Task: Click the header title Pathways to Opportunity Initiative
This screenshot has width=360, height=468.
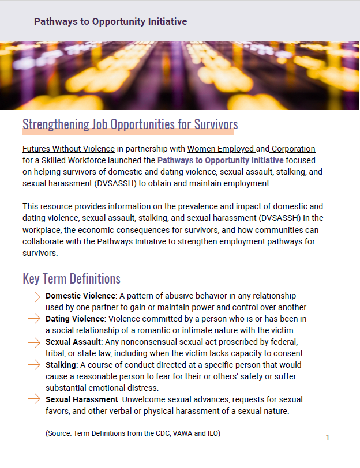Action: point(110,22)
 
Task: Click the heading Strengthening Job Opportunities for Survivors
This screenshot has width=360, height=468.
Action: point(130,124)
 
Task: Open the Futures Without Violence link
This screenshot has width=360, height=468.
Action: point(68,149)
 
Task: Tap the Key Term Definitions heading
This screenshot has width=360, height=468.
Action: point(72,279)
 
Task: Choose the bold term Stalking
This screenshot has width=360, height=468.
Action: point(61,365)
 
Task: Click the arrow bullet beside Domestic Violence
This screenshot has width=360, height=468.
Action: point(33,296)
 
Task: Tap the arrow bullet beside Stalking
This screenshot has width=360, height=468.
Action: point(33,365)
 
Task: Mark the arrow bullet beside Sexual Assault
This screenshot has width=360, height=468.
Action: point(33,342)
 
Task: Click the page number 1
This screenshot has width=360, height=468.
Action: point(328,437)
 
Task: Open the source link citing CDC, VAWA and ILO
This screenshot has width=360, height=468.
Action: point(133,433)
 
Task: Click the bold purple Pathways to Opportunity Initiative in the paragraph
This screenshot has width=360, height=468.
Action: point(220,160)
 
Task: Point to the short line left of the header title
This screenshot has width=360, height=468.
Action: point(13,21)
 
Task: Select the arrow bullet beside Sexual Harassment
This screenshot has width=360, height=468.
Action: point(33,400)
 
